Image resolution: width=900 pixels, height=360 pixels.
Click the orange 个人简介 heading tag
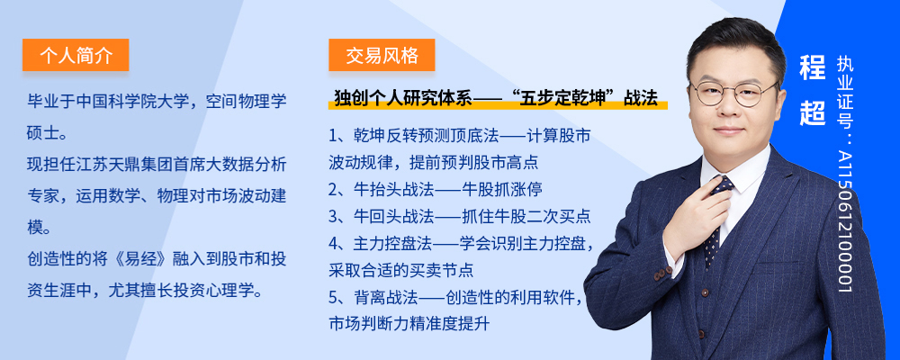click(x=76, y=55)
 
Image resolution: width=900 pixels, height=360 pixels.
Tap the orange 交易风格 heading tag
click(x=382, y=55)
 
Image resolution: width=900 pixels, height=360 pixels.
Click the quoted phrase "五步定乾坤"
click(x=563, y=97)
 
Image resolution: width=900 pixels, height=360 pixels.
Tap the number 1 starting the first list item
click(x=333, y=137)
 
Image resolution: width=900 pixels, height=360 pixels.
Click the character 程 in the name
click(x=812, y=68)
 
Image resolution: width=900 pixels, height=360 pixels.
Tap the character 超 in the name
click(x=812, y=113)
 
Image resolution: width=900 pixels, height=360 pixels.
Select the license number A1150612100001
click(x=845, y=221)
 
